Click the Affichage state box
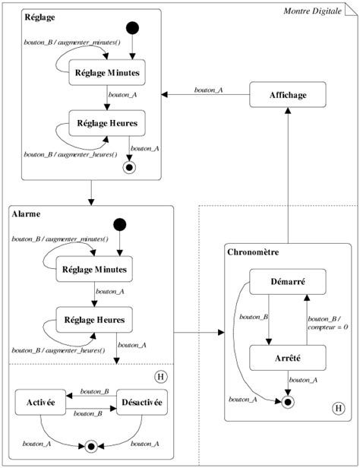[288, 95]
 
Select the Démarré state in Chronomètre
[288, 281]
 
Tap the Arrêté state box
[288, 358]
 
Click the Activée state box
[40, 402]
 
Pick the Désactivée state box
[142, 402]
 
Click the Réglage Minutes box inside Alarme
[94, 269]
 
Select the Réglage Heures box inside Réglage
[107, 123]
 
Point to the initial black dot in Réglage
[132, 28]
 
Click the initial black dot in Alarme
[119, 224]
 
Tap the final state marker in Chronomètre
[288, 402]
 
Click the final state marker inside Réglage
[129, 167]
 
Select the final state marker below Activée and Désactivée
[91, 447]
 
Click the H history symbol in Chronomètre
[339, 408]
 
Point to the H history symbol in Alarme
[161, 377]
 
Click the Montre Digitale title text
[313, 11]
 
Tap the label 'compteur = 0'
[328, 327]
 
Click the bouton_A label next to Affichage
[209, 90]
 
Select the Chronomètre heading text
[253, 252]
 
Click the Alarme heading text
[27, 214]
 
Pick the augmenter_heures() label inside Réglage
[87, 154]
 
